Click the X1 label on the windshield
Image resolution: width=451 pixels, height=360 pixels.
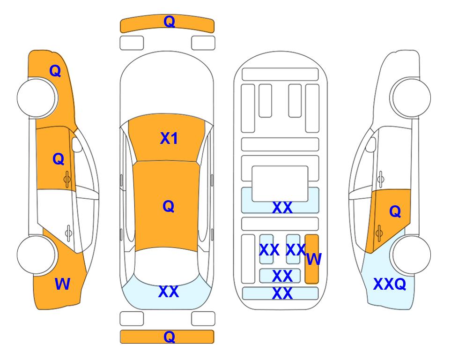click(169, 138)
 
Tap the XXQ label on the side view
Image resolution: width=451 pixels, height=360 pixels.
click(389, 284)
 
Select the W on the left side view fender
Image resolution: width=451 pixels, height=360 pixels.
click(62, 284)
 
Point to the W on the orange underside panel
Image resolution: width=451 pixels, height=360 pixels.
click(314, 259)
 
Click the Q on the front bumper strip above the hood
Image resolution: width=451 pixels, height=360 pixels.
click(169, 22)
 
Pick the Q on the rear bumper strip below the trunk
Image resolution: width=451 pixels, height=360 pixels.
click(169, 337)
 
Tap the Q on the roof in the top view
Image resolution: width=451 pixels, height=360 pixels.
click(168, 206)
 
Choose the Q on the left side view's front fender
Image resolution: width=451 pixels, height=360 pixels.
click(55, 71)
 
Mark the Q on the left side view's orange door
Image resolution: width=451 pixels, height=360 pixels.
click(58, 159)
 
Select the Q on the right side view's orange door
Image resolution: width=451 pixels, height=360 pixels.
click(395, 212)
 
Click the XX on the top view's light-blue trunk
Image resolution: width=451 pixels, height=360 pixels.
click(169, 292)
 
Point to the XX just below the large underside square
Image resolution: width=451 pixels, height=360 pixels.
click(282, 208)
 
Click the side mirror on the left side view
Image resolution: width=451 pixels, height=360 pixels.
click(77, 145)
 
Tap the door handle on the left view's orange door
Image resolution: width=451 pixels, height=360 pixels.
click(67, 178)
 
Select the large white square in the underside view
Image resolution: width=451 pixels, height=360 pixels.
click(280, 183)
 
